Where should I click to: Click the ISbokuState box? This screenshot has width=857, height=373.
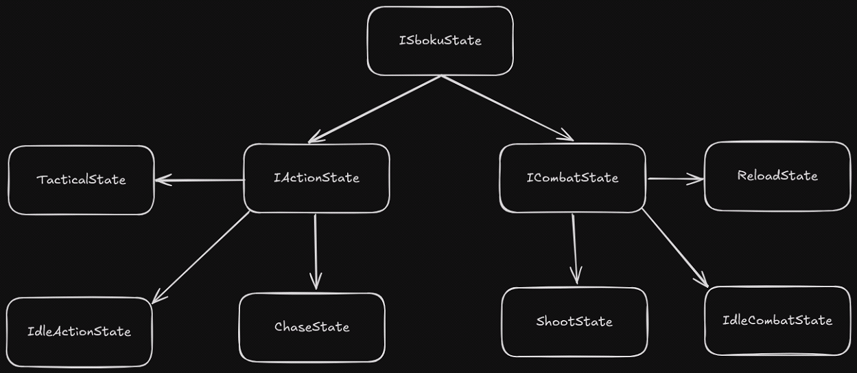(x=440, y=41)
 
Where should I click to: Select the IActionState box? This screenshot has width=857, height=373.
(x=316, y=178)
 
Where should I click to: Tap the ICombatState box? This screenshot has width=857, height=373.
(x=572, y=178)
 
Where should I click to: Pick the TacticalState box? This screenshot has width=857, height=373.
(x=81, y=180)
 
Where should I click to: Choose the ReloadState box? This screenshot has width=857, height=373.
(x=777, y=176)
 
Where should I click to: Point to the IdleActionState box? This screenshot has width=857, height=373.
(x=79, y=332)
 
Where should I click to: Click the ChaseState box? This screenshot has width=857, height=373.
(x=312, y=327)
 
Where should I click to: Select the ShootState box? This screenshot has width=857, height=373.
(x=574, y=321)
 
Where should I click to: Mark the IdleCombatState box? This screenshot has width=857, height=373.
(x=777, y=320)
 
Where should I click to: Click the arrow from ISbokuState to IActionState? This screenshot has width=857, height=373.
(x=374, y=109)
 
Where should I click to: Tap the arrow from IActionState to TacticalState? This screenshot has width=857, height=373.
(x=199, y=181)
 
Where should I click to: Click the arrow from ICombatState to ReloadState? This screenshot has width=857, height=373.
(x=675, y=179)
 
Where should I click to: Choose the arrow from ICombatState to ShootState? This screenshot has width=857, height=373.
(x=574, y=247)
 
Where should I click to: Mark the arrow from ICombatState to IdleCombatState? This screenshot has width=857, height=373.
(x=675, y=248)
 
